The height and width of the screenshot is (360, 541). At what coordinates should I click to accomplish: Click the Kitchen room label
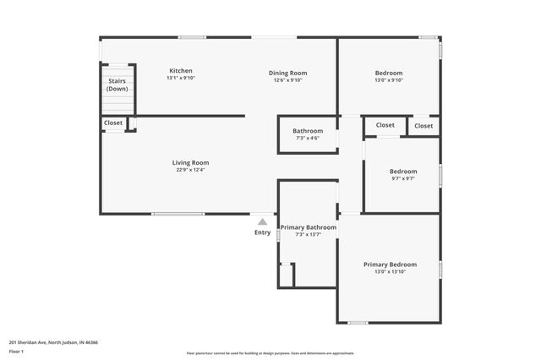[x=181, y=71]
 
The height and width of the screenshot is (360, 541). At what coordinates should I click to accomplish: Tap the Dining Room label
[x=287, y=73]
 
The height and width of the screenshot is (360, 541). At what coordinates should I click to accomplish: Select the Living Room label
[x=190, y=162]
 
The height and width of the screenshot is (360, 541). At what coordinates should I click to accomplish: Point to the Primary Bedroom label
[x=390, y=265]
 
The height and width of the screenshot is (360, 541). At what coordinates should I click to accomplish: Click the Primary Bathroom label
[x=309, y=227]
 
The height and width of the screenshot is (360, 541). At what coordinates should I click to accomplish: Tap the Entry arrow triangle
[x=263, y=221]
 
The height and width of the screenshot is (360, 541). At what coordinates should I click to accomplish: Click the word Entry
[x=263, y=232]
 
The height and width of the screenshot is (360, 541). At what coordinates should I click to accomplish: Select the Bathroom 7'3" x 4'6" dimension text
[x=308, y=139]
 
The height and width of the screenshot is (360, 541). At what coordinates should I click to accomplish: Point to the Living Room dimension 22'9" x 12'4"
[x=190, y=170]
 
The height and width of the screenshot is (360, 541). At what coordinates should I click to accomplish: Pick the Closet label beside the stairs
[x=113, y=123]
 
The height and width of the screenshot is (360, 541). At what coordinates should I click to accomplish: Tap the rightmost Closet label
[x=424, y=126]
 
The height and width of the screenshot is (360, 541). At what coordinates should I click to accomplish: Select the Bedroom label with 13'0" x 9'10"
[x=389, y=73]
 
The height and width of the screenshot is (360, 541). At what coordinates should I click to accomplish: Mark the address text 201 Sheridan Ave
[x=53, y=342]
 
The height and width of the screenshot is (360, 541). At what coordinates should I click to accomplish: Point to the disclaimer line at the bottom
[x=270, y=353]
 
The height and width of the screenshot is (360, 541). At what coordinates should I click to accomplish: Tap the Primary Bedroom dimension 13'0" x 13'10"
[x=390, y=271]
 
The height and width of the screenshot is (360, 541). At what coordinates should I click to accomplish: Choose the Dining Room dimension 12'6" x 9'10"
[x=287, y=80]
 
